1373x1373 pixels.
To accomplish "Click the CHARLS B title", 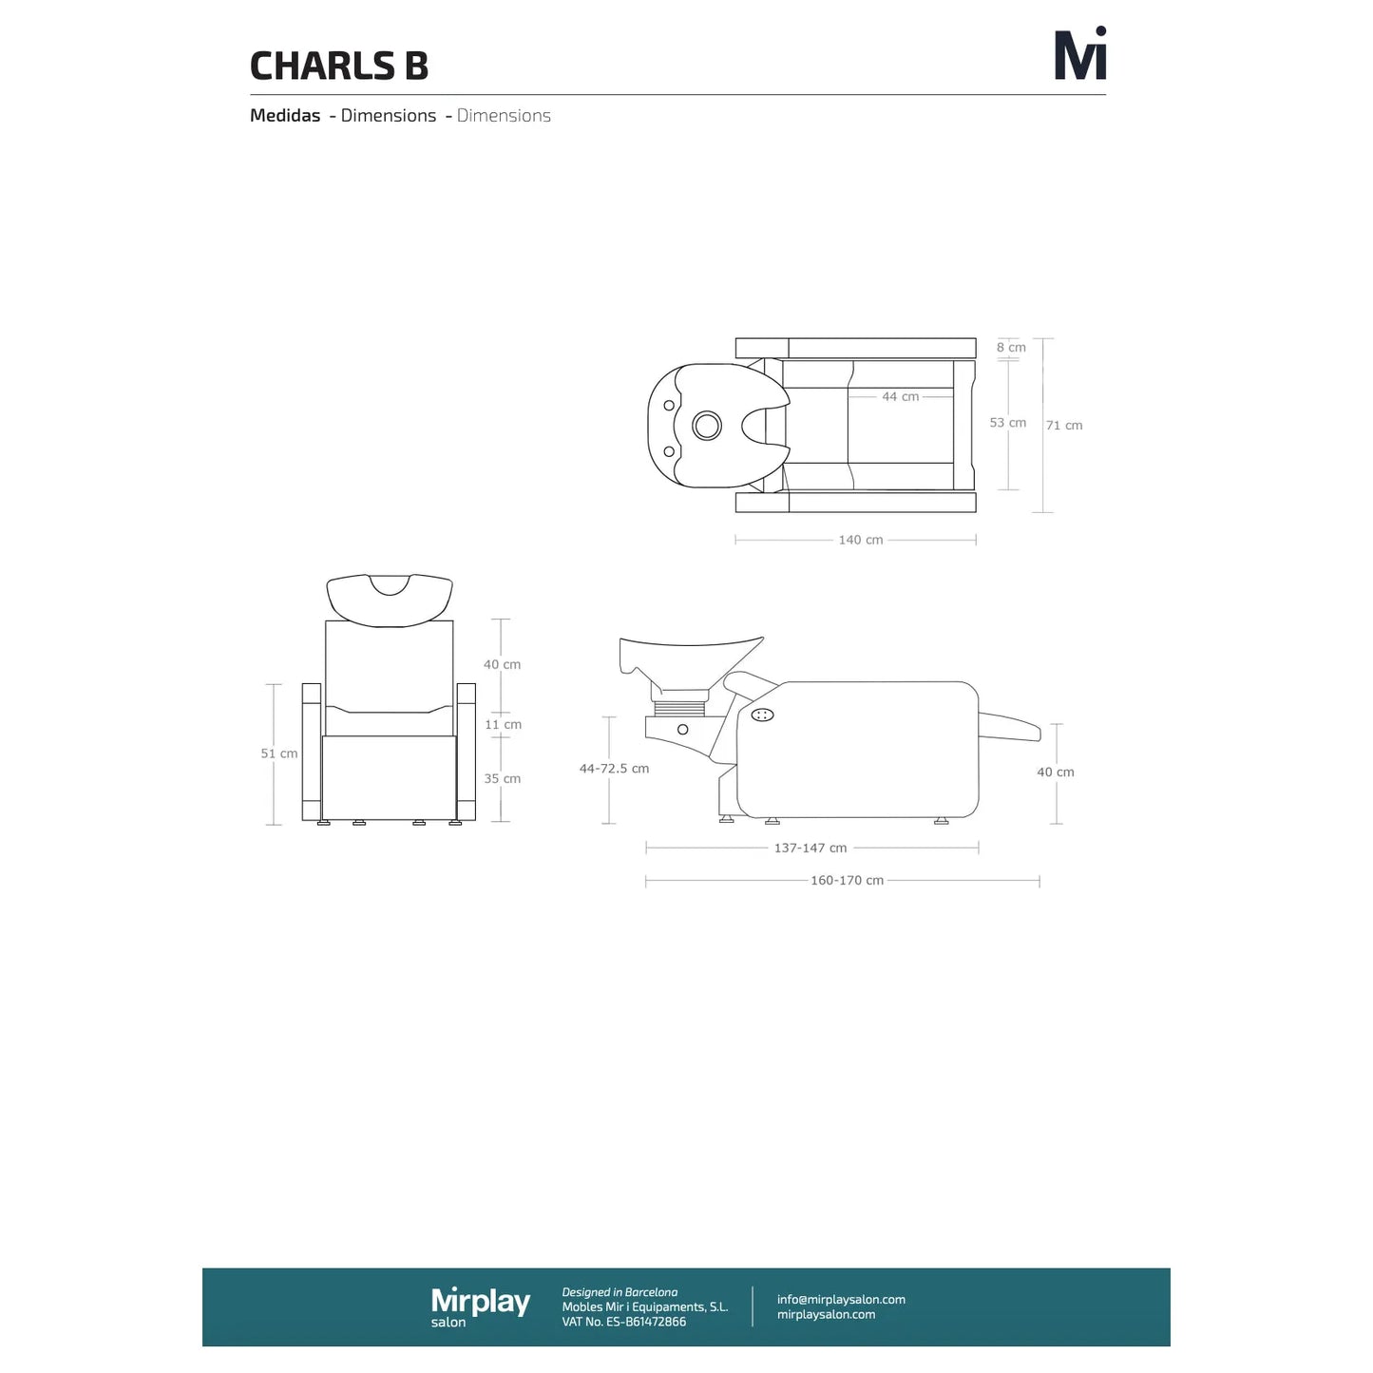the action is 339,66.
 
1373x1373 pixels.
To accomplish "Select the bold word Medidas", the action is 285,115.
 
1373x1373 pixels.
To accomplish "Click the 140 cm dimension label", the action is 861,540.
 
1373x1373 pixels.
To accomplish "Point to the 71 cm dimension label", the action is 1064,426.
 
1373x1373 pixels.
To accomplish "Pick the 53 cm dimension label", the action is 1007,423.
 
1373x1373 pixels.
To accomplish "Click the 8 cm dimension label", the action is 1011,347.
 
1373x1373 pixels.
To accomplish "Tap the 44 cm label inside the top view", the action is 901,397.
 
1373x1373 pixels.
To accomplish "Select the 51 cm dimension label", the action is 279,753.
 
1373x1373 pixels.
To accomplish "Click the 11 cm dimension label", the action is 503,724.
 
